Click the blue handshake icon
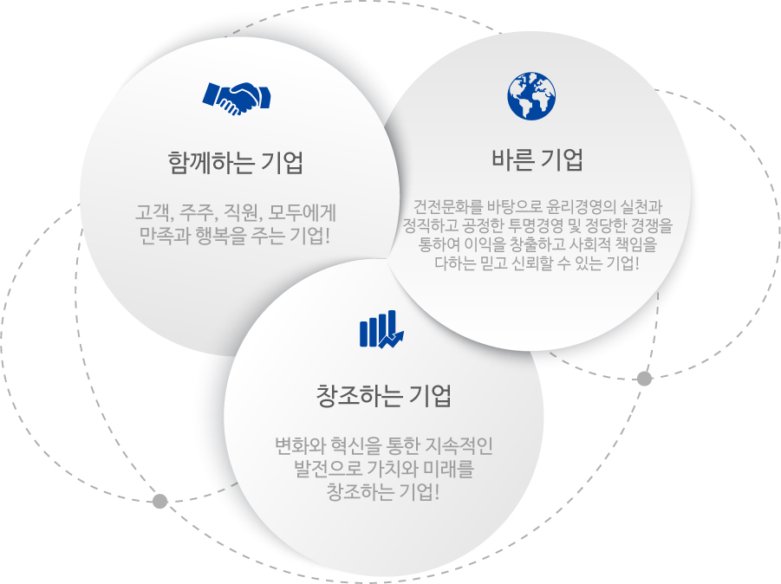236,98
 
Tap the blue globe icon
531,96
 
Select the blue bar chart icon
381,329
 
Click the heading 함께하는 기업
235,162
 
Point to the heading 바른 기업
537,159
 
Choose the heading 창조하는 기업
383,396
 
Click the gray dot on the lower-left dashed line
159,501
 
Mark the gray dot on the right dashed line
645,379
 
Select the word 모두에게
303,212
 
